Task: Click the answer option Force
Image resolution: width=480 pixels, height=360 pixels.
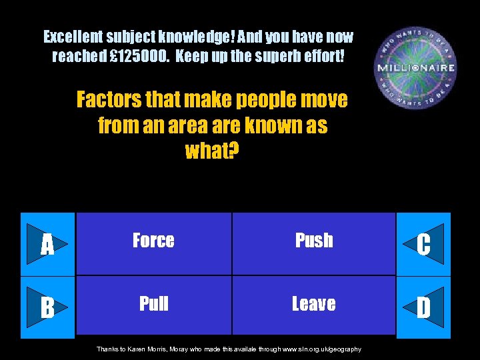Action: click(153, 241)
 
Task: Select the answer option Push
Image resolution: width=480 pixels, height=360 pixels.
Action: click(314, 241)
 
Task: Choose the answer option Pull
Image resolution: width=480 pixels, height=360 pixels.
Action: click(153, 304)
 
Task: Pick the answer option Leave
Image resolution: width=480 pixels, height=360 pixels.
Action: click(314, 304)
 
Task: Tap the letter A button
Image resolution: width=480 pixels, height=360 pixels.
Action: click(48, 245)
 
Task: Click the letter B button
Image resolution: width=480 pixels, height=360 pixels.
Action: click(48, 308)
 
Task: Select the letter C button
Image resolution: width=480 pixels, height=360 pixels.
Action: click(423, 245)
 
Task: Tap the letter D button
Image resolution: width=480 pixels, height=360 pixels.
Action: click(423, 308)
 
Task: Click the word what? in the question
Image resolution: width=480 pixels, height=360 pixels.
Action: click(212, 151)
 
